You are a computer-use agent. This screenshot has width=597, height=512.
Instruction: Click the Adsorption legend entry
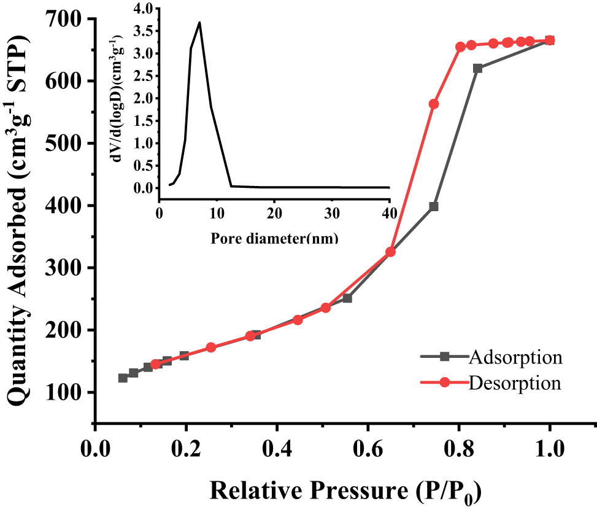pos(514,356)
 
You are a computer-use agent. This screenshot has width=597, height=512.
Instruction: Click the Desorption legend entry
pos(514,383)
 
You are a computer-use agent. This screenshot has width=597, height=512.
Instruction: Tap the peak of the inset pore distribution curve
pos(199,22)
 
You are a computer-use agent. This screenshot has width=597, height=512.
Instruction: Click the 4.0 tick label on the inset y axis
pos(140,9)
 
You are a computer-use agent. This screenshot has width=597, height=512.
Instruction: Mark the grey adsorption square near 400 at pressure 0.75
pos(434,206)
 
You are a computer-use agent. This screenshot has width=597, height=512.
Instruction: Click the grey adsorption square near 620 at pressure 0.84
pos(477,68)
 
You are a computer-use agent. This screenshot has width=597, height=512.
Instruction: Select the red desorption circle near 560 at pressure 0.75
pos(434,104)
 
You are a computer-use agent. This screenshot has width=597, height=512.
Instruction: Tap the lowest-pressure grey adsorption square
pos(123,378)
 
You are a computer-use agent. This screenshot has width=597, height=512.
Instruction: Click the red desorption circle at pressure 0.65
pos(390,252)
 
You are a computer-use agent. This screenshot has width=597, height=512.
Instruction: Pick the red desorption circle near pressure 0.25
pos(211,347)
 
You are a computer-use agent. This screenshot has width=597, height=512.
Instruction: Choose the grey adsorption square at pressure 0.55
pos(347,298)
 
